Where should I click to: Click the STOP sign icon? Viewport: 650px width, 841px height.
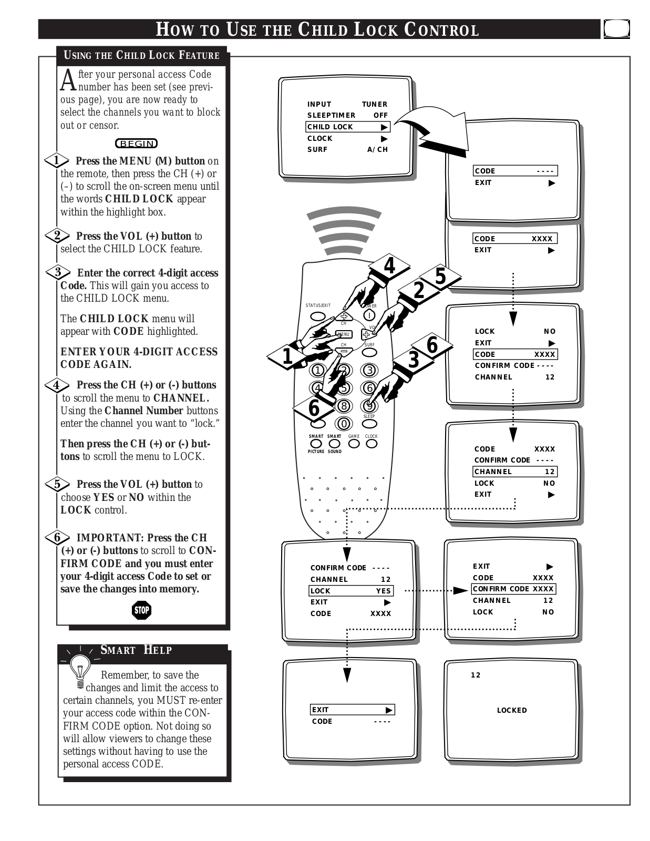tap(141, 610)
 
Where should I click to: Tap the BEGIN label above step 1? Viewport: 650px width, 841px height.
tap(137, 143)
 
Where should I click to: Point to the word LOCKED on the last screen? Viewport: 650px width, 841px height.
tap(512, 710)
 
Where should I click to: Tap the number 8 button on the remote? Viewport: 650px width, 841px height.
tap(344, 406)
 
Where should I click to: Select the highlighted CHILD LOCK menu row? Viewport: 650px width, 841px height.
tap(347, 127)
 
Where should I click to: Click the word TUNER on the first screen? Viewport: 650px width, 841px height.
tap(374, 104)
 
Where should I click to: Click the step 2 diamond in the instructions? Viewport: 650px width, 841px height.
tap(57, 235)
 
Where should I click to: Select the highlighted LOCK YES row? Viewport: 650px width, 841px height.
tap(350, 591)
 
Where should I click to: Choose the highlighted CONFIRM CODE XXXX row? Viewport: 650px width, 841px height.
tap(513, 589)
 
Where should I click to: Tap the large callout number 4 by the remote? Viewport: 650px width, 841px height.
tap(389, 266)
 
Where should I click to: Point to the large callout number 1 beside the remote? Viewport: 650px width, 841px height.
tap(287, 356)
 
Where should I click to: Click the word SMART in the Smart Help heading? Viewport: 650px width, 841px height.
tap(118, 650)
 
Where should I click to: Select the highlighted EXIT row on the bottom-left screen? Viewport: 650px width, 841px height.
tap(352, 710)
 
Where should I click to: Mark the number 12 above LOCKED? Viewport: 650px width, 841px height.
tap(476, 675)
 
